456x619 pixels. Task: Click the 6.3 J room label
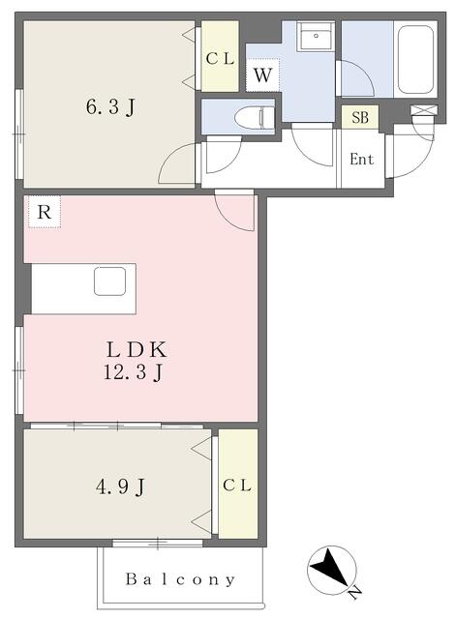click(x=110, y=106)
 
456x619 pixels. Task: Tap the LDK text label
click(x=137, y=349)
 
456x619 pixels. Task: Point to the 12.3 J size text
click(x=134, y=372)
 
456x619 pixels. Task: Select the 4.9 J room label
click(x=120, y=486)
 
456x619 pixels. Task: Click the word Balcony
click(x=180, y=579)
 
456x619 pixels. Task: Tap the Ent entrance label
click(x=361, y=159)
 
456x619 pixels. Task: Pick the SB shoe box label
click(x=360, y=117)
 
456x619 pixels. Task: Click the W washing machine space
click(x=262, y=74)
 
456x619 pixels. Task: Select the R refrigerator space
click(x=45, y=212)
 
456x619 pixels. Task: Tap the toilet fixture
click(x=254, y=117)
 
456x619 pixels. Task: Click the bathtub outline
click(x=415, y=60)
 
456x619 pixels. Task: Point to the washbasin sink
click(x=316, y=36)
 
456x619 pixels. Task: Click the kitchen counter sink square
click(x=110, y=281)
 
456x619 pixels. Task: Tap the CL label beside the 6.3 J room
click(x=220, y=59)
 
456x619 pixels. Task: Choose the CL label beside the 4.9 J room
click(x=237, y=486)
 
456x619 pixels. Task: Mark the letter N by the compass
click(x=355, y=591)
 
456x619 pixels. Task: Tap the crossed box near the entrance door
click(x=424, y=109)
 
